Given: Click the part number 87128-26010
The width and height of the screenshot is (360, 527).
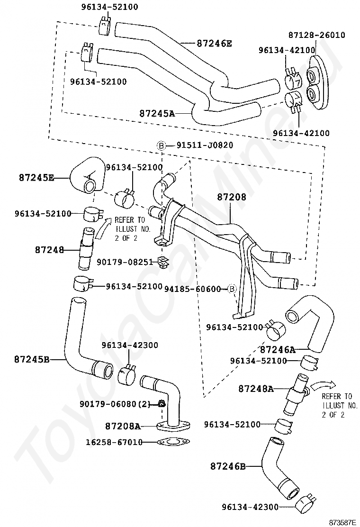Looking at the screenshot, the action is pyautogui.click(x=316, y=35).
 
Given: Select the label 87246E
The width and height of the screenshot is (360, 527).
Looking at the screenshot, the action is pyautogui.click(x=214, y=43).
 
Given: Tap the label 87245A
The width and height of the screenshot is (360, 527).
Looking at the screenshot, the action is pyautogui.click(x=157, y=114).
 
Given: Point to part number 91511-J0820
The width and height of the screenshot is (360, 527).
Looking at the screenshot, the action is pyautogui.click(x=205, y=145).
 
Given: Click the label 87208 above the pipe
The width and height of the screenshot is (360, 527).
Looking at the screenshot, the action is pyautogui.click(x=232, y=197).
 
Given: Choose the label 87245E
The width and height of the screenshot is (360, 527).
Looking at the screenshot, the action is pyautogui.click(x=36, y=178).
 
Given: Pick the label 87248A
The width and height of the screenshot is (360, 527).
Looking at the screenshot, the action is pyautogui.click(x=256, y=389).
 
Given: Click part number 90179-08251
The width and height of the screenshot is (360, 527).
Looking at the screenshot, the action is pyautogui.click(x=125, y=262).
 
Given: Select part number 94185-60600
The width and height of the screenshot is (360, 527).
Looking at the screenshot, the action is pyautogui.click(x=193, y=289).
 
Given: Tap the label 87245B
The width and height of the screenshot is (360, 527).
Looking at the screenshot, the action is pyautogui.click(x=32, y=359).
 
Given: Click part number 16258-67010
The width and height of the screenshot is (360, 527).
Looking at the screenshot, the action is pyautogui.click(x=114, y=442).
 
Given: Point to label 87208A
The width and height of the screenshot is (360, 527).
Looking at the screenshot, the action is pyautogui.click(x=123, y=426).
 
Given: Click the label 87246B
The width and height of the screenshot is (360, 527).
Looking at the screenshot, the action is pyautogui.click(x=228, y=466).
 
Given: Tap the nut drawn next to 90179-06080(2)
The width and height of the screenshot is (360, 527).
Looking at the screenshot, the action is pyautogui.click(x=162, y=404).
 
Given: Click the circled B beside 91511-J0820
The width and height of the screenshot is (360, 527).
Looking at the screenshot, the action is pyautogui.click(x=162, y=145).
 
